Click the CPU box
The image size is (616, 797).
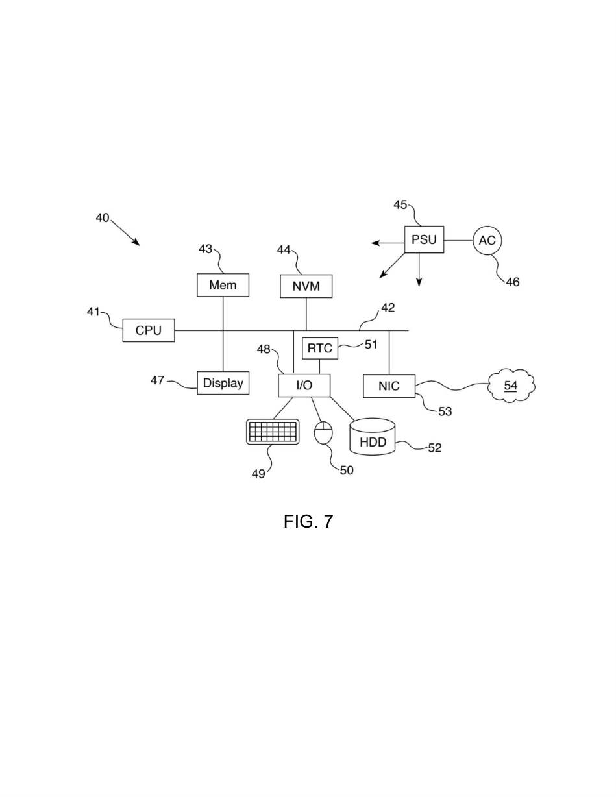click(x=149, y=330)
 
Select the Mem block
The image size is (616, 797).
click(x=223, y=285)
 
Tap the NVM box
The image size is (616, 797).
click(x=306, y=286)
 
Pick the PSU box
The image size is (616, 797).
click(x=425, y=239)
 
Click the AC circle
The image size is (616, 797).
click(x=487, y=240)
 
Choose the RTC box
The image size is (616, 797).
click(x=320, y=348)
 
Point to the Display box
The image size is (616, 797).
click(x=223, y=383)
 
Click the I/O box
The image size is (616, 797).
click(x=304, y=385)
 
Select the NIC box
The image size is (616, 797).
click(x=389, y=386)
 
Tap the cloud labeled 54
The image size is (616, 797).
click(x=511, y=386)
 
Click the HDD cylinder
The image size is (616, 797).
click(x=373, y=437)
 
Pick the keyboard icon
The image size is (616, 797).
click(x=273, y=432)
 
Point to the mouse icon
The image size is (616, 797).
click(x=323, y=433)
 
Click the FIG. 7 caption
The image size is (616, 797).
click(x=308, y=521)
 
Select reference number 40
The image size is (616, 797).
click(x=103, y=218)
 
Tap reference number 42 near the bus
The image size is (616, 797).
click(x=388, y=308)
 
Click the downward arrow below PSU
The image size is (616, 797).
click(x=419, y=270)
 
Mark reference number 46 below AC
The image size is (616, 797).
click(x=513, y=282)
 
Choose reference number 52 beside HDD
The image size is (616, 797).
click(x=435, y=448)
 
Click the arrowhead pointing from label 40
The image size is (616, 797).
click(x=136, y=243)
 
